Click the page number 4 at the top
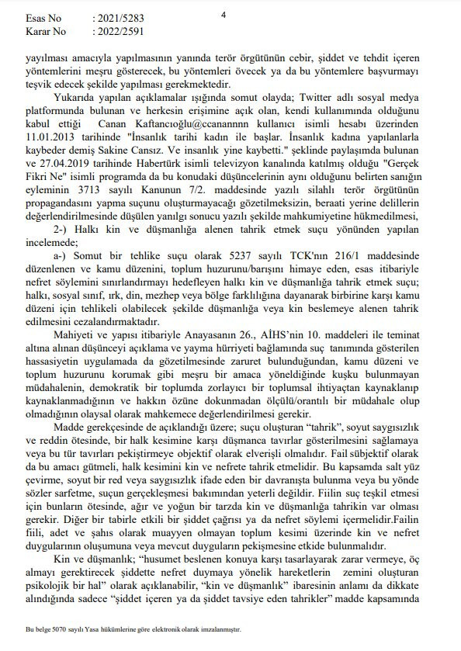[x=224, y=15]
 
